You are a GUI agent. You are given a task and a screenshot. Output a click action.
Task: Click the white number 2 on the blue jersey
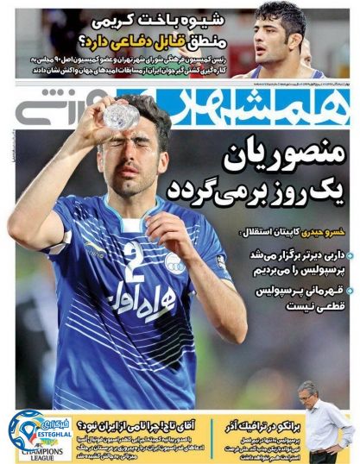point(132,260)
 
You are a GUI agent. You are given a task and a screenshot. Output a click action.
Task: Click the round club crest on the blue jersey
point(175,261)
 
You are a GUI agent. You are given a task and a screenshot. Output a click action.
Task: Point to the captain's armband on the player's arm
point(223,259)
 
